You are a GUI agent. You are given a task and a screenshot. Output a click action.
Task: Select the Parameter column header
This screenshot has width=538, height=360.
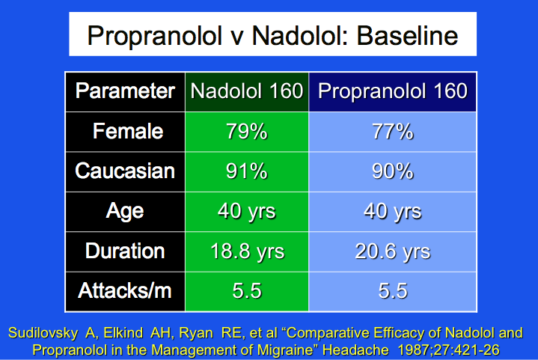tap(125, 91)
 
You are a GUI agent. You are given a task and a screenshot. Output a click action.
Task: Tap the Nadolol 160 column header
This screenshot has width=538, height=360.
tap(246, 91)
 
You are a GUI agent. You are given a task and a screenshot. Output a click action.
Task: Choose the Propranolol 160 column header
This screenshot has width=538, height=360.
tap(393, 91)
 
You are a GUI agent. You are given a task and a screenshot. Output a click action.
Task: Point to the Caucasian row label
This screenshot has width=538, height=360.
tap(125, 171)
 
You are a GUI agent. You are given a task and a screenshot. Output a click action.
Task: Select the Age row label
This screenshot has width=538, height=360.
tap(125, 211)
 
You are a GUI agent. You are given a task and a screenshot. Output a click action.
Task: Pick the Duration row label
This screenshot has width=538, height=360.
tap(125, 251)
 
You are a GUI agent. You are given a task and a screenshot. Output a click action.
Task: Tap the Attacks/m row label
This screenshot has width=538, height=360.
tap(125, 290)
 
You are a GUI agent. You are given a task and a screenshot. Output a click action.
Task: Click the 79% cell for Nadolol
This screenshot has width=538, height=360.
tap(246, 132)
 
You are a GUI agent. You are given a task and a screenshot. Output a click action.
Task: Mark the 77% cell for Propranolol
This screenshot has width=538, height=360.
tap(393, 132)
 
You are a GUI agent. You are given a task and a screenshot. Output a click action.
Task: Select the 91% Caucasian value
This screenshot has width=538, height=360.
tap(246, 171)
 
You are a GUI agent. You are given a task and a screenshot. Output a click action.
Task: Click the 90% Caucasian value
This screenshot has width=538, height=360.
tap(393, 171)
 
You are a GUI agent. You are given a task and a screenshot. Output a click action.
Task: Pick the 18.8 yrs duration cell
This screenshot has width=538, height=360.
tap(246, 251)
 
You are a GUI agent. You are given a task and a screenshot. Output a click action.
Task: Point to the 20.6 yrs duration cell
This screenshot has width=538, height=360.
tap(393, 251)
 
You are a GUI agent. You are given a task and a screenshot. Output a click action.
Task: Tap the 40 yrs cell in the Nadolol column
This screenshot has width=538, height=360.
tap(246, 211)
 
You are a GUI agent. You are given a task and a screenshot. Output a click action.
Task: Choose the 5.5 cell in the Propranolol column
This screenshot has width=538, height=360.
tap(393, 290)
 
